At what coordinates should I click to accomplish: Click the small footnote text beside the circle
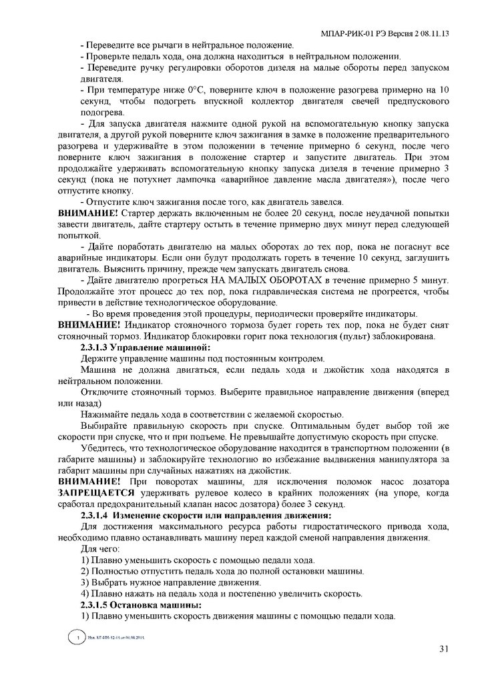pyautogui.click(x=116, y=639)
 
